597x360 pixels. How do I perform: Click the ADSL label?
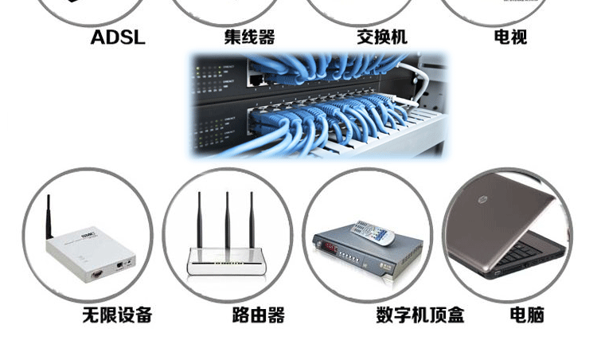(x=118, y=37)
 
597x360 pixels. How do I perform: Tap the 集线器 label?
(x=249, y=37)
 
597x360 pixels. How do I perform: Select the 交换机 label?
(x=382, y=37)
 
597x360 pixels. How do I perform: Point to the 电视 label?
(x=510, y=37)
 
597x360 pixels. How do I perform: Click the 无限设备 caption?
(x=117, y=315)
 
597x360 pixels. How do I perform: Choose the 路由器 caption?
(x=259, y=315)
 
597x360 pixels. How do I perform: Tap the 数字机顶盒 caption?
(x=420, y=315)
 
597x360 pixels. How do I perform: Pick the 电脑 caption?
(x=527, y=315)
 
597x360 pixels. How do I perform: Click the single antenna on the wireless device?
(x=49, y=215)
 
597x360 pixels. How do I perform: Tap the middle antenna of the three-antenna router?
(x=227, y=219)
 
